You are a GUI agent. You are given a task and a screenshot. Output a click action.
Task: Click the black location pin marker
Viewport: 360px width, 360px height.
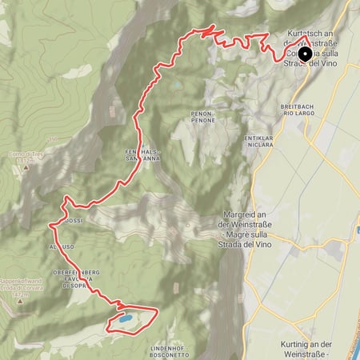click(x=304, y=54)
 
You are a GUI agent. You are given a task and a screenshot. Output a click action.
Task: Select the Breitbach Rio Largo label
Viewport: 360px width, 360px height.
click(x=301, y=110)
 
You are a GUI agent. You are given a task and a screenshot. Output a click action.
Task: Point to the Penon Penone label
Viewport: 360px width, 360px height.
click(x=202, y=118)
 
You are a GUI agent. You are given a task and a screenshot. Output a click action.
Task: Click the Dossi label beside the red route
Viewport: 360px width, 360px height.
click(x=74, y=219)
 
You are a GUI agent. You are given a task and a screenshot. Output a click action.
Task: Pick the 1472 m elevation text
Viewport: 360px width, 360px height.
click(x=20, y=295)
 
